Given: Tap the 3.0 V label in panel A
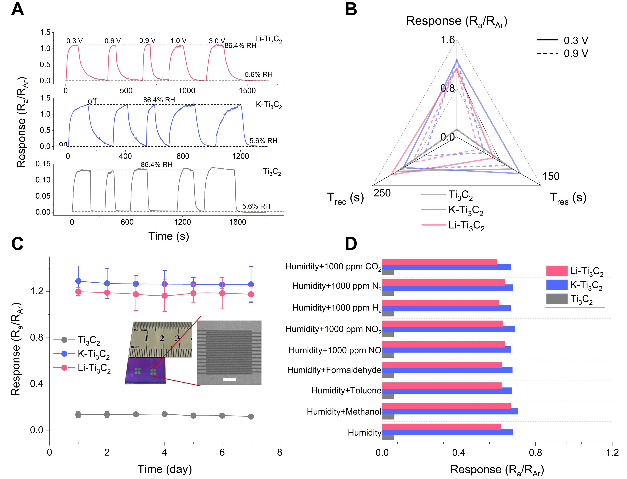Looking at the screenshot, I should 217,41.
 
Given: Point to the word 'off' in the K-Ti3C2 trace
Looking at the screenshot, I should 92,101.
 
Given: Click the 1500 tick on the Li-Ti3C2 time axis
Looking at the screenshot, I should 247,91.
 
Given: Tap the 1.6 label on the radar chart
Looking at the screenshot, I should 447,40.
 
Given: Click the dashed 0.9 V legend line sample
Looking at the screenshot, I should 547,54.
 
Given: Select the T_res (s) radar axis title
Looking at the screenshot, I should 568,198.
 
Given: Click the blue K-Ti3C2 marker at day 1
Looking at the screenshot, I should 78,281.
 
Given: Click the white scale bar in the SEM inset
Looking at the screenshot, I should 229,379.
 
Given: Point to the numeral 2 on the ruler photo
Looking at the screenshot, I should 162,338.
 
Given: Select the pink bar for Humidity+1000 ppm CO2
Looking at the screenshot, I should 440,262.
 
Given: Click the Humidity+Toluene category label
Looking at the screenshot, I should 346,390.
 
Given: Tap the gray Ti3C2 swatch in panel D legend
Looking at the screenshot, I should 556,299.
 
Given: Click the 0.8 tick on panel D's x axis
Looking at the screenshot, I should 535,453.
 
